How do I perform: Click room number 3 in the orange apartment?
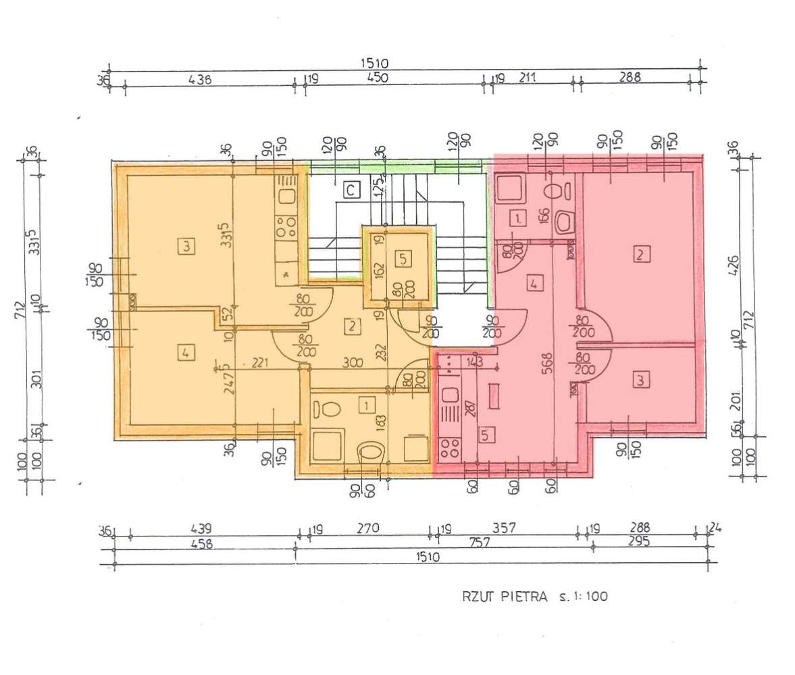[187, 247]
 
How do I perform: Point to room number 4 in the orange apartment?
[186, 352]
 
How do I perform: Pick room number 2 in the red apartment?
[640, 255]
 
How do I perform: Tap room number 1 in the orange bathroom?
[366, 405]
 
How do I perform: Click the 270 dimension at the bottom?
[369, 528]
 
